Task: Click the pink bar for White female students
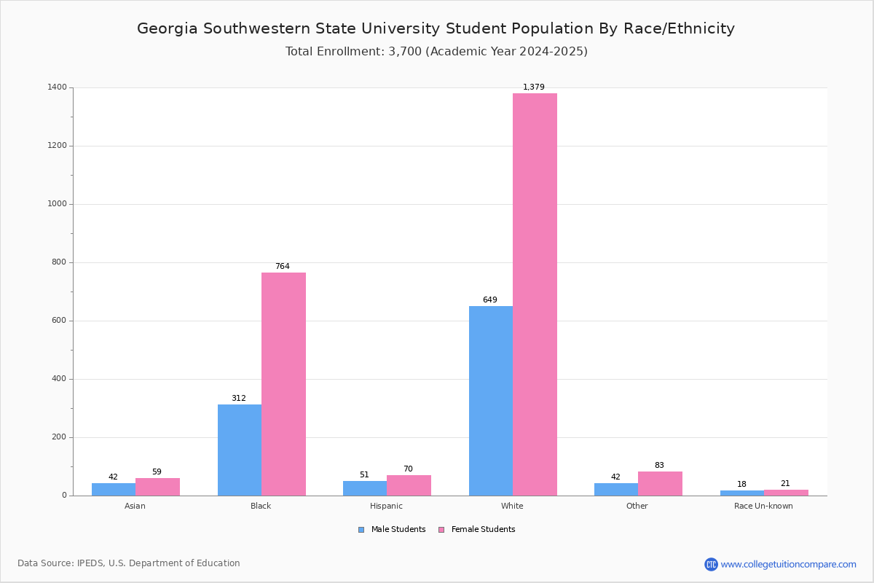click(x=535, y=294)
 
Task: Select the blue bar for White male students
click(x=491, y=401)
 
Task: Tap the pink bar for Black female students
click(x=283, y=384)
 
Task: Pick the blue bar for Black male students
click(x=240, y=450)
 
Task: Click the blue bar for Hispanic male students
click(x=365, y=488)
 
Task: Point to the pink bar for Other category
click(x=660, y=484)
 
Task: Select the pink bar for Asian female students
click(x=157, y=487)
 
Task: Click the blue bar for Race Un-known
click(x=742, y=493)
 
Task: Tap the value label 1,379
click(x=534, y=87)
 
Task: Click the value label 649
click(x=490, y=300)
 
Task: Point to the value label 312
click(x=239, y=399)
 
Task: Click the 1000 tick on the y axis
click(x=58, y=204)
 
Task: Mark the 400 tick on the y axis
click(x=59, y=379)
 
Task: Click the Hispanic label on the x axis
click(x=386, y=506)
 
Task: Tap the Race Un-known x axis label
click(x=763, y=506)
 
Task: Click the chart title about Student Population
click(x=436, y=29)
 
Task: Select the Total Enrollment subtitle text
click(x=436, y=52)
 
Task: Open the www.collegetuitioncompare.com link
click(x=788, y=564)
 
